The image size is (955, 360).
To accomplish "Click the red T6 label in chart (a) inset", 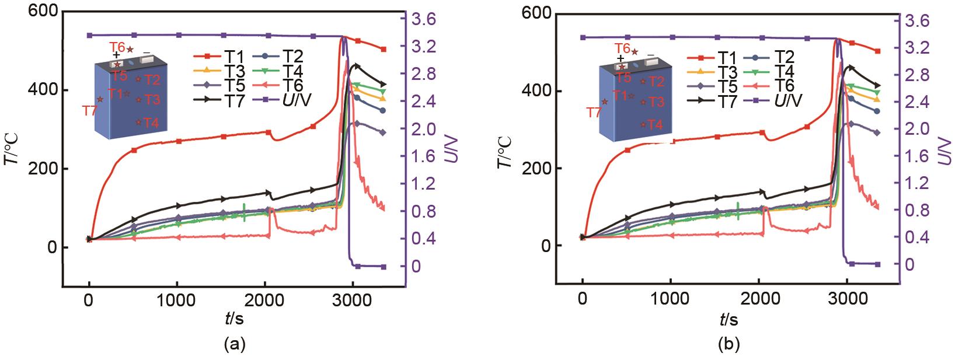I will click(117, 46).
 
